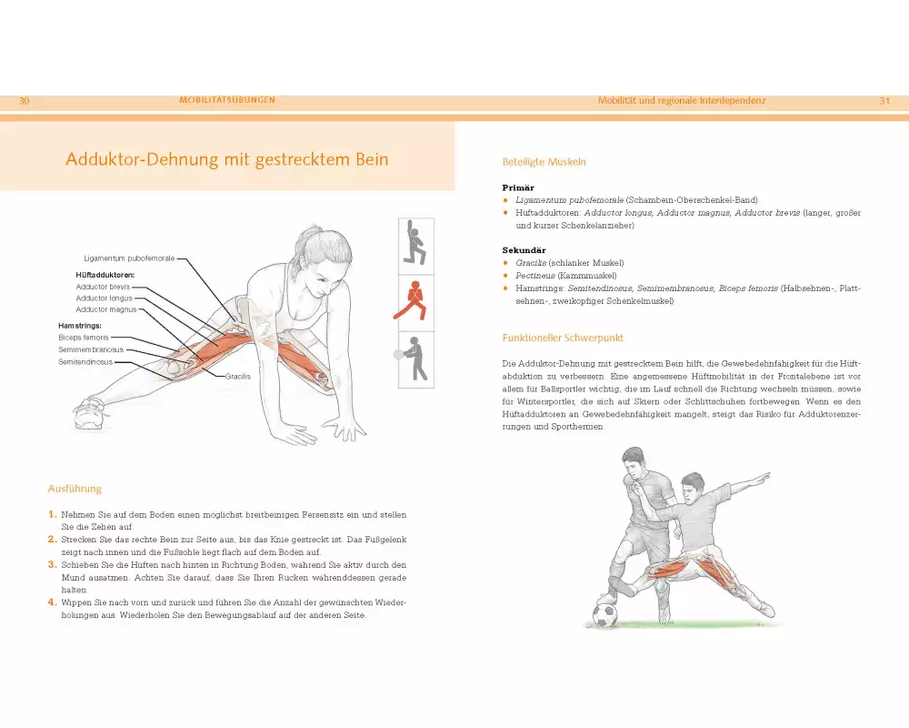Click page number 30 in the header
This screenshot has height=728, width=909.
click(24, 100)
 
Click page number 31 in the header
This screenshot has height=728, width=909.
click(884, 100)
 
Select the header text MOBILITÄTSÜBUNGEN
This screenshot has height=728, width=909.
click(227, 100)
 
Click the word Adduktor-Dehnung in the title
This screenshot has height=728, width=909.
click(142, 159)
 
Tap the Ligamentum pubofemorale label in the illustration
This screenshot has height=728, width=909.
click(129, 258)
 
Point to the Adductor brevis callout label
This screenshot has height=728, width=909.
click(103, 287)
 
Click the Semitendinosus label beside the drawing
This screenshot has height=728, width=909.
click(85, 361)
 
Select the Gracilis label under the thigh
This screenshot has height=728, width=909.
click(238, 376)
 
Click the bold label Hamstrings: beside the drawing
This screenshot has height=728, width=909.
click(80, 326)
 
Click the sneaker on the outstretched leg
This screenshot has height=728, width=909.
click(90, 413)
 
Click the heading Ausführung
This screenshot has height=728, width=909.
click(75, 489)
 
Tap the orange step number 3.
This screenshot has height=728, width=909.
click(52, 564)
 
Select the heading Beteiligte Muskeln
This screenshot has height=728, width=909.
click(544, 162)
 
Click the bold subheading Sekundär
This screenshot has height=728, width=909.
click(524, 250)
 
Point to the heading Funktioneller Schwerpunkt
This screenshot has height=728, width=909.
click(563, 338)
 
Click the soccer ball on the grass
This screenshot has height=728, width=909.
click(605, 615)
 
